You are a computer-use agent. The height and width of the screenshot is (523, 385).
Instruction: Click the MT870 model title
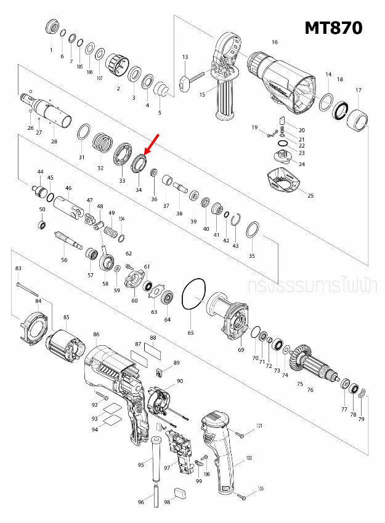pos(333,28)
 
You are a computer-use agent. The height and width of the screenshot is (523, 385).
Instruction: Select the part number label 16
pos(275,42)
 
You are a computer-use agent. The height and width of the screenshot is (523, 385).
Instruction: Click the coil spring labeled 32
pos(102,146)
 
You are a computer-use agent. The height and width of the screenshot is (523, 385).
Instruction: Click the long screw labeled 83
pos(28,288)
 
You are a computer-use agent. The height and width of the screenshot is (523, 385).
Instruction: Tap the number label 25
pos(310,196)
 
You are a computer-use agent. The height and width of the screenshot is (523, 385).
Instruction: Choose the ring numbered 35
pos(251,231)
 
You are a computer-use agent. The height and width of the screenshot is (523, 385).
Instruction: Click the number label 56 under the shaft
pos(63,260)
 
